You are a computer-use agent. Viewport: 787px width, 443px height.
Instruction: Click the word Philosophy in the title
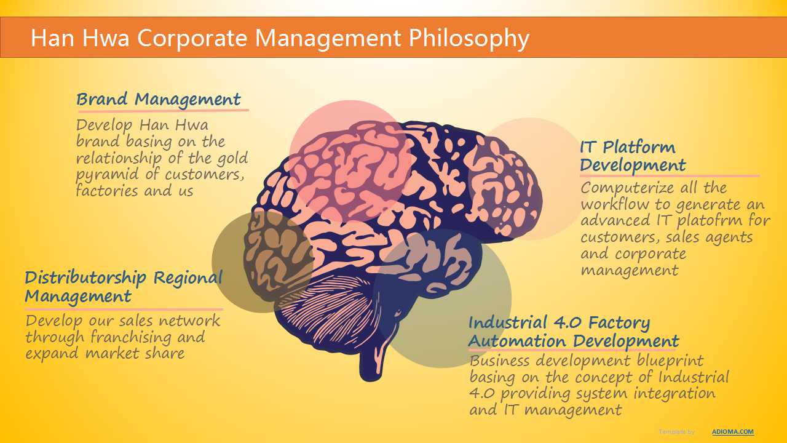pos(469,38)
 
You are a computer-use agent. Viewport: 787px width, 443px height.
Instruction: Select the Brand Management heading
pos(159,100)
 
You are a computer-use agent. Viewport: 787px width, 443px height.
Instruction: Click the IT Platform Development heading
pos(633,156)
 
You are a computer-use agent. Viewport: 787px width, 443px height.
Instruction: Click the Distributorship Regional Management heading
pos(124,287)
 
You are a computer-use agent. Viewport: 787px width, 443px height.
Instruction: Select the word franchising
pos(131,337)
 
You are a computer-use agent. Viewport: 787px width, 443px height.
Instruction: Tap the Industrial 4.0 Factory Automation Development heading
pos(574,332)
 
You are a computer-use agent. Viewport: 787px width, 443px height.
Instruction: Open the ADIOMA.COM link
pos(732,432)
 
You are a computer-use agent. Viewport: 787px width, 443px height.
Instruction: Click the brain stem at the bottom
pos(375,355)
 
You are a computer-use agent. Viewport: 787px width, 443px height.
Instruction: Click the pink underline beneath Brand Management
pos(164,111)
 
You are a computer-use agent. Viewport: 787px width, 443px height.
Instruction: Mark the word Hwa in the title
pos(105,38)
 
